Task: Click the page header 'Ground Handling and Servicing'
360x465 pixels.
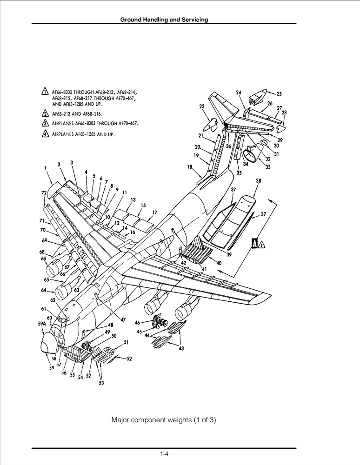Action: (164, 20)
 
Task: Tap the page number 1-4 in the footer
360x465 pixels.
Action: (164, 453)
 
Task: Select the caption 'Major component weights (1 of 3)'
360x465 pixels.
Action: (164, 420)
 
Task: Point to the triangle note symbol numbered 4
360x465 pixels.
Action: (45, 134)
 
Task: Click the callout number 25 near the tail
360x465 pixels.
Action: (279, 94)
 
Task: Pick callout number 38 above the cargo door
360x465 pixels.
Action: (258, 180)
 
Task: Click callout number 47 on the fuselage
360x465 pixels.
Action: (123, 319)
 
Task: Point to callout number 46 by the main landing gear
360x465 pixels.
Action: (137, 322)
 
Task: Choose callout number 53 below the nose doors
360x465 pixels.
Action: (101, 383)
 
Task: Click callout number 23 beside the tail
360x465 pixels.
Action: (202, 107)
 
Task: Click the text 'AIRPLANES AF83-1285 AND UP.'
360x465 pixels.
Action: (84, 134)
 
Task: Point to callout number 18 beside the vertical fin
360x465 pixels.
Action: (190, 166)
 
